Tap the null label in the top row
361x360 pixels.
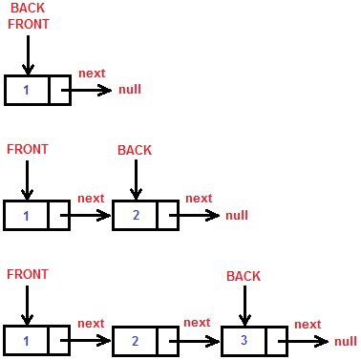point(130,90)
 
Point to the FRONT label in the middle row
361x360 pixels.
point(27,150)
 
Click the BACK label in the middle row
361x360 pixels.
point(135,150)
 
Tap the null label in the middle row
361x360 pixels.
point(237,215)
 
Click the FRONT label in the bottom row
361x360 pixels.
point(27,275)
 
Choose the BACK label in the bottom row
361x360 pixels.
point(244,276)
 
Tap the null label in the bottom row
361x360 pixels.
point(346,341)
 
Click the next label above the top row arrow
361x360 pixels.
point(92,74)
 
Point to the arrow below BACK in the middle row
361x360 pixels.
point(137,180)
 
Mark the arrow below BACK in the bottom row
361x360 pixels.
point(245,305)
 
